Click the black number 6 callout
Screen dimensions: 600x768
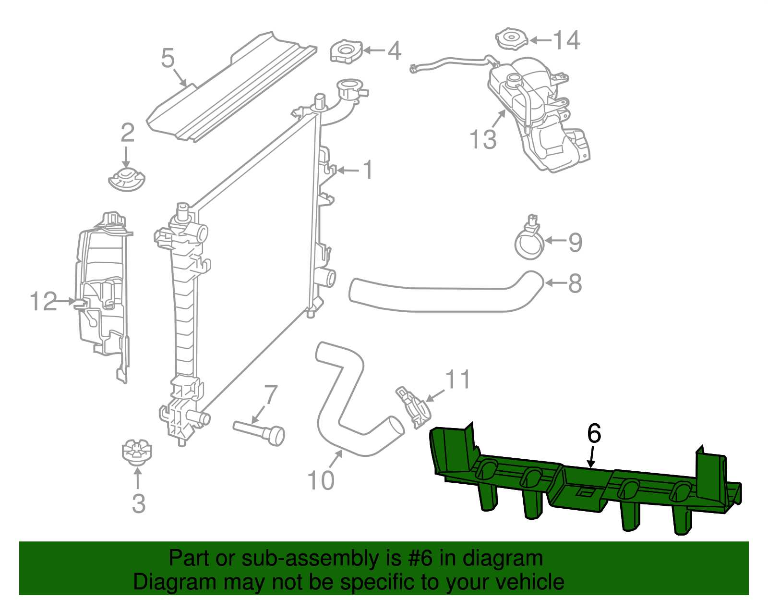pos(594,434)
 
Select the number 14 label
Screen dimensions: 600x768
pos(567,40)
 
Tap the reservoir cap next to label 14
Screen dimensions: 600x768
pos(511,38)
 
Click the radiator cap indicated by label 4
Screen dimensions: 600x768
pos(346,51)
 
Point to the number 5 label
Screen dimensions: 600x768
pos(168,58)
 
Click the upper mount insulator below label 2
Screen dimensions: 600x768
pos(126,180)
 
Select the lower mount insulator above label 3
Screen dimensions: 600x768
pos(136,452)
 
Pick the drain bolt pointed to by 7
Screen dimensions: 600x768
pos(260,431)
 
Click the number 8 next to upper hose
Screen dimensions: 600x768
pos(575,283)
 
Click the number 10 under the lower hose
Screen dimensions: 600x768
pos(320,480)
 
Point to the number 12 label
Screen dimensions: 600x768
pos(43,302)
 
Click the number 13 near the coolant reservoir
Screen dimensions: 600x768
pos(483,139)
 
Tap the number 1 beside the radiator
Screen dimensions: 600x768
pos(368,170)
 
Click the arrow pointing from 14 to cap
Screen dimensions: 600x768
pos(540,40)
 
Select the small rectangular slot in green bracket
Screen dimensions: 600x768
pos(586,491)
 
